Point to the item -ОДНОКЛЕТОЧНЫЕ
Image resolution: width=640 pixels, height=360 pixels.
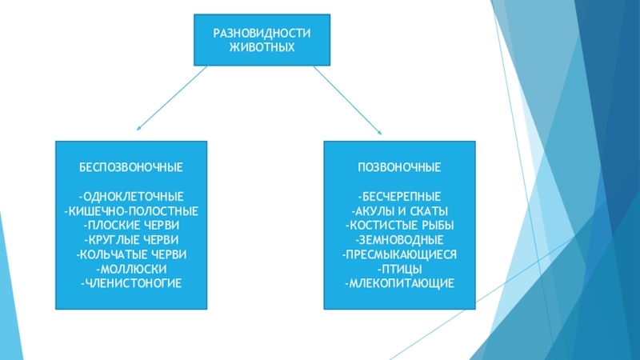pos(131,196)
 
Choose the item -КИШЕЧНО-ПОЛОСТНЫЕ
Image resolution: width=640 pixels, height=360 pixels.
pos(131,210)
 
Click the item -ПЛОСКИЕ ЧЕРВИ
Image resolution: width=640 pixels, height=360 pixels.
pos(131,225)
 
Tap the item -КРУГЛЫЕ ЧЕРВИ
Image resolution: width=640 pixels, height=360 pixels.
pos(131,239)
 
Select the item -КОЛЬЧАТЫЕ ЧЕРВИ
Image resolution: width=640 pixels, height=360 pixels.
pos(131,254)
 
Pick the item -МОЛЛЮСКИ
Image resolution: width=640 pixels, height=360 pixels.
pos(131,269)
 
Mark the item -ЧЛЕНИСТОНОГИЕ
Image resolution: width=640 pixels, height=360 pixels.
pos(131,283)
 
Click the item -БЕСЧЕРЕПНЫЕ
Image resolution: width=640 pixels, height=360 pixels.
pos(399,196)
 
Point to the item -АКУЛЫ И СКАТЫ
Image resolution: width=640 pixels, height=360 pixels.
pos(399,210)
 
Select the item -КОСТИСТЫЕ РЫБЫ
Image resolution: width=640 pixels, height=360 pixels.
pos(399,225)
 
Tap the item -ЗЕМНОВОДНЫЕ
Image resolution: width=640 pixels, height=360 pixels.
pos(399,239)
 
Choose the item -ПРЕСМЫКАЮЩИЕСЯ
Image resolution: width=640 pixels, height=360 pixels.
pos(399,254)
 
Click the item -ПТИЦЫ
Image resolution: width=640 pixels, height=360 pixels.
pos(399,269)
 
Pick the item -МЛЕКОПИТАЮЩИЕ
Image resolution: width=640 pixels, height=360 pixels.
pos(399,283)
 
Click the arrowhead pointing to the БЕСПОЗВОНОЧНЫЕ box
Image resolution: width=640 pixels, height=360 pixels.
pos(139,127)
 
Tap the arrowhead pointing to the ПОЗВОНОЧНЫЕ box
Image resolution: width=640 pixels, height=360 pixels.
pos(378,132)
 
